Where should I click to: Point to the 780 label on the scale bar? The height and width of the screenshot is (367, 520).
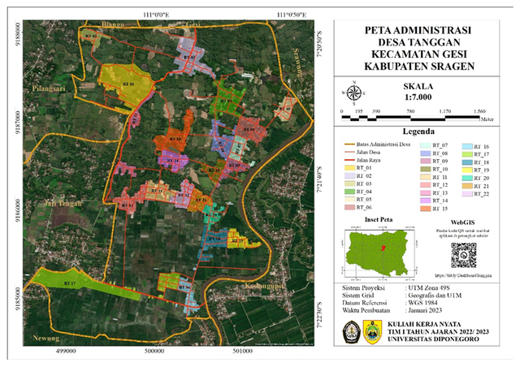[x=411, y=110]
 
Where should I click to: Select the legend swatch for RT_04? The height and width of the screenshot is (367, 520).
[x=344, y=192]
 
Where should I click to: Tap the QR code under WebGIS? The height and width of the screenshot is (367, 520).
[x=463, y=254]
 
